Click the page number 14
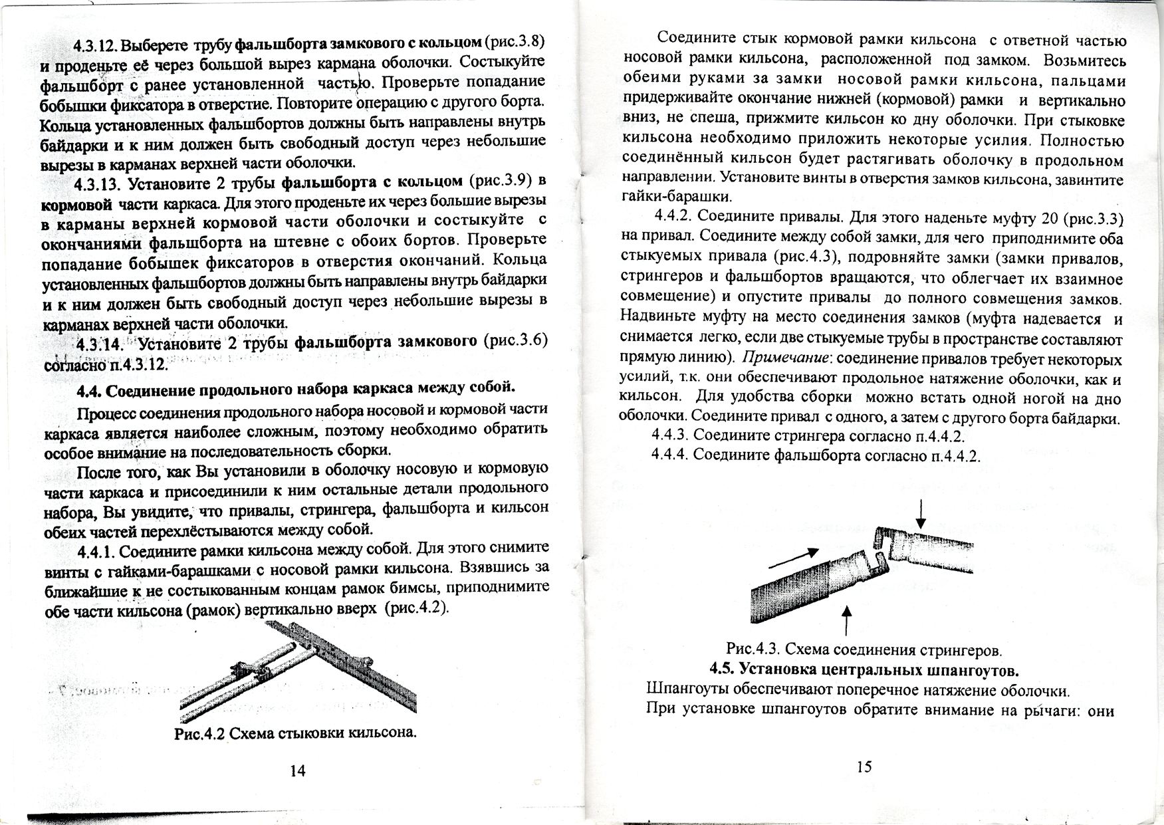tap(298, 771)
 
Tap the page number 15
tap(864, 767)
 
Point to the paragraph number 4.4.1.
tap(97, 552)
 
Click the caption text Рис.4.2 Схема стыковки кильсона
tap(295, 733)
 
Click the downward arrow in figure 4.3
tap(921, 514)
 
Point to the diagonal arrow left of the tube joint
tap(792, 558)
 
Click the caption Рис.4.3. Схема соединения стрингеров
tap(864, 649)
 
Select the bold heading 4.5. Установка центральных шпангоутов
tap(864, 669)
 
